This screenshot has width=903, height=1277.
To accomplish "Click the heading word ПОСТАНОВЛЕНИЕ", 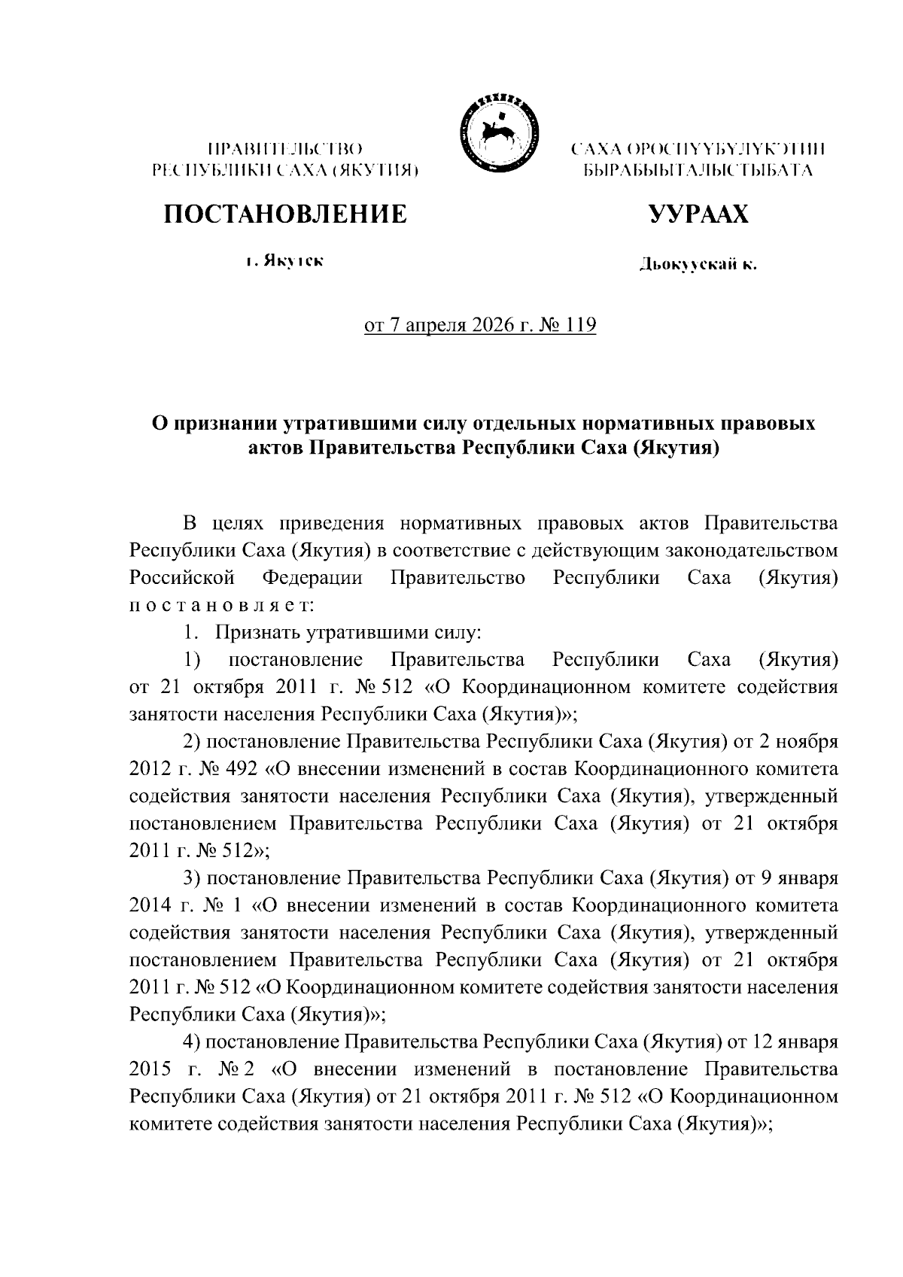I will tap(286, 214).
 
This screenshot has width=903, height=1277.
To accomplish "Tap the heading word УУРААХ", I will tap(698, 214).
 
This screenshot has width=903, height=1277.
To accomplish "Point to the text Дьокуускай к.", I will tap(698, 264).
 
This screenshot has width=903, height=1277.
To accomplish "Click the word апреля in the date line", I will tap(426, 326).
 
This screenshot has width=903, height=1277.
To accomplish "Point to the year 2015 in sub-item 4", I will tap(150, 1069).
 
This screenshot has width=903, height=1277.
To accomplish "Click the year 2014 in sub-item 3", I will tap(150, 906).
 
